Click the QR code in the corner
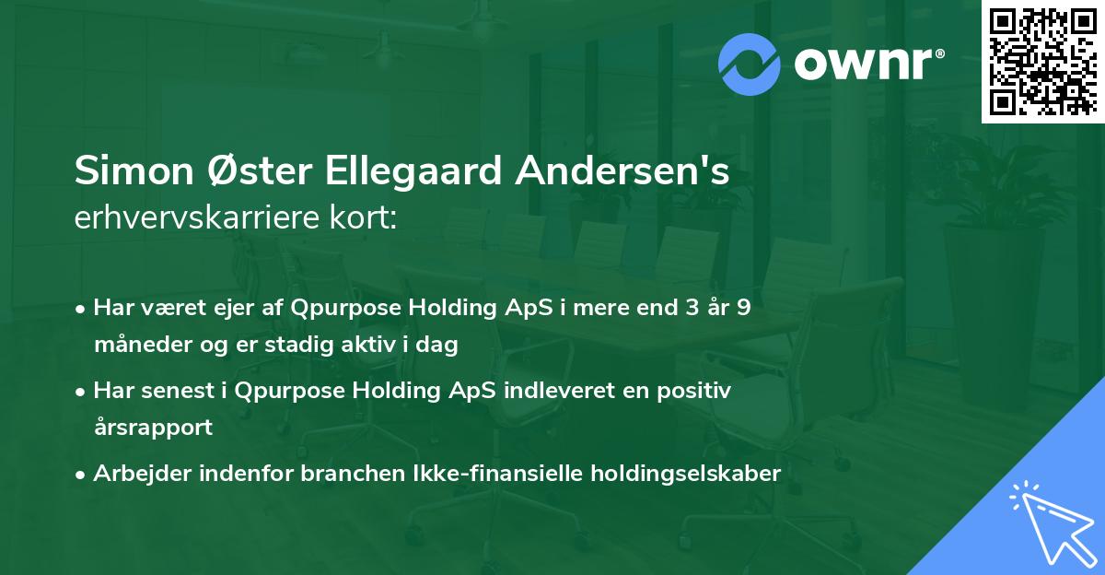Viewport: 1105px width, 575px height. tap(1042, 61)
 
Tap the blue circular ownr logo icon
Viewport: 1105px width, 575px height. tap(750, 65)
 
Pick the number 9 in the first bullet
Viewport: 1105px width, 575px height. tap(743, 308)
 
